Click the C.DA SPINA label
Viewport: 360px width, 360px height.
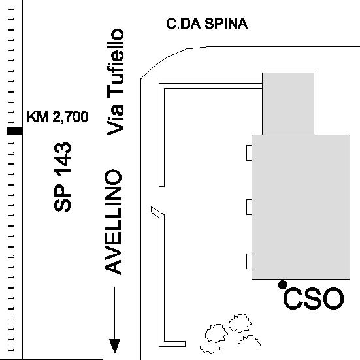click(x=207, y=24)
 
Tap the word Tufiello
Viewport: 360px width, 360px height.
click(x=116, y=64)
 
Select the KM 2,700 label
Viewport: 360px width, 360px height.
click(x=57, y=117)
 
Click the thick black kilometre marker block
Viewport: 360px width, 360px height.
click(x=14, y=131)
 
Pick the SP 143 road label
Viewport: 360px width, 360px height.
click(x=62, y=177)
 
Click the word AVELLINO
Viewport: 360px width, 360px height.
click(x=113, y=222)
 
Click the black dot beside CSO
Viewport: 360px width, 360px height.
click(x=283, y=285)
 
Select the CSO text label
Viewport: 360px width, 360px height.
click(x=314, y=299)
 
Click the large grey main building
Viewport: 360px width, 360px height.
click(x=301, y=207)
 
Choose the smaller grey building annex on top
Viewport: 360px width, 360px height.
click(x=288, y=104)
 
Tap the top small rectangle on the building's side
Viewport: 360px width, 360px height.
click(x=249, y=153)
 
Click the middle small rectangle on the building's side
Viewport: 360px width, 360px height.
click(x=249, y=207)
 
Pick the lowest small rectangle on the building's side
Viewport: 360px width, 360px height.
click(x=249, y=261)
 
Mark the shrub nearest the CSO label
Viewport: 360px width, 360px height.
click(x=240, y=323)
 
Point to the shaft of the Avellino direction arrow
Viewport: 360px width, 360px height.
click(x=114, y=313)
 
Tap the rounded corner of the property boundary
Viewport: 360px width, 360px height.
click(x=161, y=60)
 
